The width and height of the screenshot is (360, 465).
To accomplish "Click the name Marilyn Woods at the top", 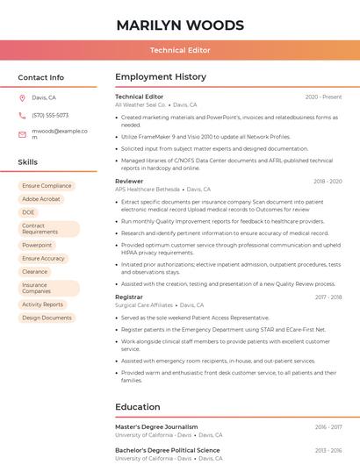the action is click(180, 24).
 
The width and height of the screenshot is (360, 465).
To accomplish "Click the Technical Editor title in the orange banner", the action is click(180, 50).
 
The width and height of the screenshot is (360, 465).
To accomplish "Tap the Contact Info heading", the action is click(40, 77).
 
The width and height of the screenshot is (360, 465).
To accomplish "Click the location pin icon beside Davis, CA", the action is click(22, 98).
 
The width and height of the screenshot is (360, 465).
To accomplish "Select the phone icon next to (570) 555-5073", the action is click(22, 116).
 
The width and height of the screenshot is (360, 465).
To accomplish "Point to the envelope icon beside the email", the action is click(22, 134).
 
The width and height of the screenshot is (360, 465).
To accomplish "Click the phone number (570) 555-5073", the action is click(50, 116).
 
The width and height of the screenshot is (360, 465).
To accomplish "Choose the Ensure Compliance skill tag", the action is click(47, 186).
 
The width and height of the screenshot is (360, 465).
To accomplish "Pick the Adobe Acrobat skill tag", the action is click(41, 199).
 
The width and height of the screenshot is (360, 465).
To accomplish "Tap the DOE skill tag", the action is click(28, 212).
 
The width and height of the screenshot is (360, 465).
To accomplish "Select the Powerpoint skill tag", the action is click(37, 246).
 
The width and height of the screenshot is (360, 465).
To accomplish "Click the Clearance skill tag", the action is click(34, 272).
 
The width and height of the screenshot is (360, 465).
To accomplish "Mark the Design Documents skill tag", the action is click(47, 318).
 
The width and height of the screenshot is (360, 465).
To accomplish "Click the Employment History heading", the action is click(161, 77).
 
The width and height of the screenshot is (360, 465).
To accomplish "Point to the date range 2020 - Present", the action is click(323, 97).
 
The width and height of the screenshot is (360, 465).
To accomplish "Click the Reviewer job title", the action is click(129, 181).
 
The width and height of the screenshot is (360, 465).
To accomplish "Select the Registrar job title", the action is click(129, 297).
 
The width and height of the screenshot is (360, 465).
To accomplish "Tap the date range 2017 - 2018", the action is click(328, 297).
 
